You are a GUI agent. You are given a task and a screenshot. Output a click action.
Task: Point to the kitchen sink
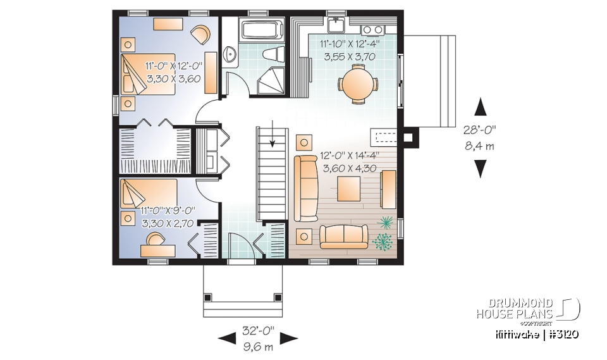[336, 25]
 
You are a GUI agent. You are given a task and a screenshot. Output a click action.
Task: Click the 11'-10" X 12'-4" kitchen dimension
[350, 44]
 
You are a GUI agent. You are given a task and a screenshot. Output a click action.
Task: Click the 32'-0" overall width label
[259, 331]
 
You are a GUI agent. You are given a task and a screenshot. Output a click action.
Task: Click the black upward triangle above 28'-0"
[481, 107]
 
